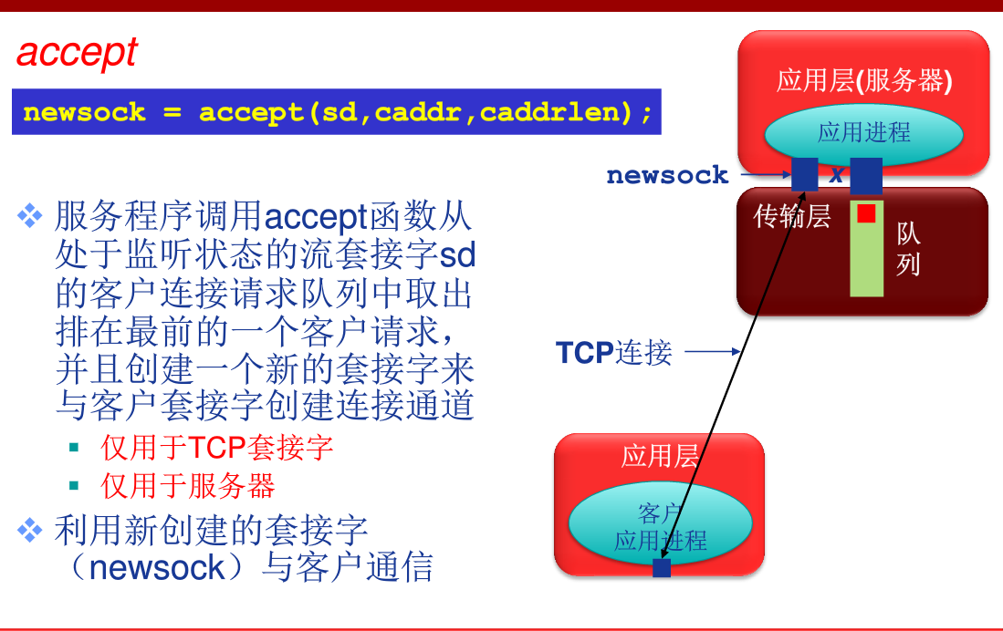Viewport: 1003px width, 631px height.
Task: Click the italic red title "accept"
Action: click(77, 53)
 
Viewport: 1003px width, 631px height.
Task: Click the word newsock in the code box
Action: click(84, 112)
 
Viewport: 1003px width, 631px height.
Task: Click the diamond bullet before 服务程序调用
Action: click(30, 217)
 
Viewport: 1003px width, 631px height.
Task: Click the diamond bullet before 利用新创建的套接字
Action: click(30, 529)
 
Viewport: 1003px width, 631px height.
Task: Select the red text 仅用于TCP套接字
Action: click(216, 447)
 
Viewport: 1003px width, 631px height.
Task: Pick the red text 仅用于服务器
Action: click(188, 486)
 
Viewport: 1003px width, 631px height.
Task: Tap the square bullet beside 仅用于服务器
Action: click(74, 486)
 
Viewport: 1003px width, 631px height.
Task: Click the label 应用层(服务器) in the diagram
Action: click(863, 81)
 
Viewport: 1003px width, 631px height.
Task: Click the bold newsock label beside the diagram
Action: click(667, 175)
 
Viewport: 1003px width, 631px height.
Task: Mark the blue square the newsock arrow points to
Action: click(804, 173)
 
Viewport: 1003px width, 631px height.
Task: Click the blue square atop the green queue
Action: click(866, 175)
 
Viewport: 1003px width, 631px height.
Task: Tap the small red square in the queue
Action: click(866, 213)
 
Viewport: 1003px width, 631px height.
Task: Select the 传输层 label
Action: click(791, 216)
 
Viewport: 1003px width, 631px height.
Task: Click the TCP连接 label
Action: click(613, 352)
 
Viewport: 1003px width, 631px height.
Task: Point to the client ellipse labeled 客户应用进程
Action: click(659, 525)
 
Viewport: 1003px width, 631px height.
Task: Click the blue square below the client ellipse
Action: click(662, 568)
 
